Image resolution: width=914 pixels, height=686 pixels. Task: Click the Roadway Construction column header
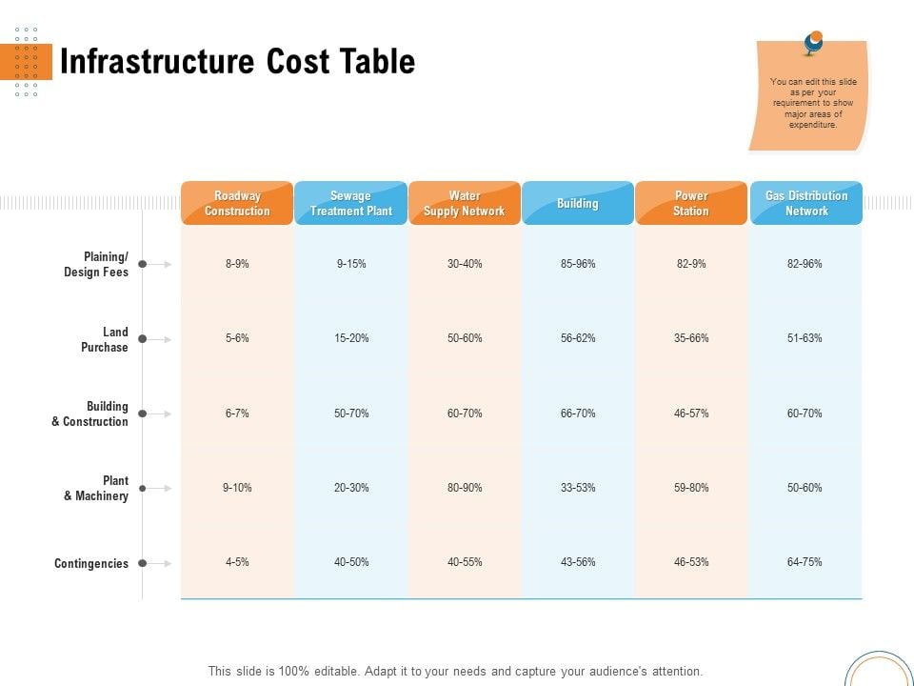click(237, 203)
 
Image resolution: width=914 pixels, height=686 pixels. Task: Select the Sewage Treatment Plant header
click(350, 203)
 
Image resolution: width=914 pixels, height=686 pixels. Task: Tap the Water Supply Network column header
click(464, 203)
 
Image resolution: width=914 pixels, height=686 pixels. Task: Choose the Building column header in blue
click(578, 203)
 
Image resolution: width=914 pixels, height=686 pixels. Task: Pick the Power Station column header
click(691, 203)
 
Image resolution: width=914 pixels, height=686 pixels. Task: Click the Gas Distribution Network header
click(806, 203)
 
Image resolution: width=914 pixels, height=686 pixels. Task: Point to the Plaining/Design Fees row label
click(96, 264)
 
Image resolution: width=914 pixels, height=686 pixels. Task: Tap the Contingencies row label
click(91, 563)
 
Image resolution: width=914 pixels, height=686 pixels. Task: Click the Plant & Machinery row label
click(96, 488)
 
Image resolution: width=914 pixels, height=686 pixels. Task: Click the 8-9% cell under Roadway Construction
click(237, 264)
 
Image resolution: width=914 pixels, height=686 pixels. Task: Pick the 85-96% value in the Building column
click(578, 264)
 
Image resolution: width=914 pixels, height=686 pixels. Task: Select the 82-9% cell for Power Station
click(691, 264)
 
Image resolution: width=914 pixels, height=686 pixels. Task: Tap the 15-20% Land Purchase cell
click(351, 338)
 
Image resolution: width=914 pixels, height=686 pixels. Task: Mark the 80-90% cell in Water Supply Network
click(465, 488)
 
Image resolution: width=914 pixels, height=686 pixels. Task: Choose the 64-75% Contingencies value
click(805, 562)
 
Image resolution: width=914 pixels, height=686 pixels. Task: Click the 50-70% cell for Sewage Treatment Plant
click(351, 414)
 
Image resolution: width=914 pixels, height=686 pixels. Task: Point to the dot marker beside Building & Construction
click(142, 414)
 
